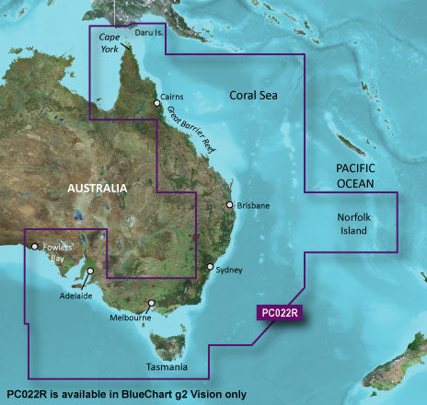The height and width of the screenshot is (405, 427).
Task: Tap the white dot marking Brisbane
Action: [x=229, y=205]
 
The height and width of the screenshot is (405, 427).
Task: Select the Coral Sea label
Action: [x=254, y=94]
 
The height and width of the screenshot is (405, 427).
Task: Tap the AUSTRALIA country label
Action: [x=96, y=189]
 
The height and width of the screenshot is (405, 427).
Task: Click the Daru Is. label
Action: [x=149, y=33]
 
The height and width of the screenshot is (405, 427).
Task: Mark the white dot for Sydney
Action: [x=210, y=268]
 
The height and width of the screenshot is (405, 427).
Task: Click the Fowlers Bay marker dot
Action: [x=34, y=246]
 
